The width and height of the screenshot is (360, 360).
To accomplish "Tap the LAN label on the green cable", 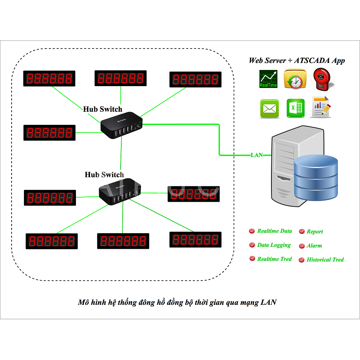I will (257, 155).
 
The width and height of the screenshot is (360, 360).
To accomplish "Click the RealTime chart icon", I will (268, 79).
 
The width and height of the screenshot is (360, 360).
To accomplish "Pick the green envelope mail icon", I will (269, 109).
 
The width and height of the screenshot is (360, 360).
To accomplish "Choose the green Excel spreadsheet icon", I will (295, 108).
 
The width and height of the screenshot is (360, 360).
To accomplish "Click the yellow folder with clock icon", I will (295, 79).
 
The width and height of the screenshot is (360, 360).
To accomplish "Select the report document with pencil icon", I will (321, 107).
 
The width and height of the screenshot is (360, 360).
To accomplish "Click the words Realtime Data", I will (275, 231).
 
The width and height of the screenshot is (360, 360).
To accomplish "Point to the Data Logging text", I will (274, 245).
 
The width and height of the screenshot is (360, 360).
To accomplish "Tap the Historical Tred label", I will (325, 260).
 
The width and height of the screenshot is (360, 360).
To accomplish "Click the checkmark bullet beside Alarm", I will (301, 246).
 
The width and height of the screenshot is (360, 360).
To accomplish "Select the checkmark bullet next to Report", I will (302, 231).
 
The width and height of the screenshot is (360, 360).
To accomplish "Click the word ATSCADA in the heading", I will (312, 60).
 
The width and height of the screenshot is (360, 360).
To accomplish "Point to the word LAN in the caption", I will (269, 302).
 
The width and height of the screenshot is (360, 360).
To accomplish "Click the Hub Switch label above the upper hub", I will (103, 109).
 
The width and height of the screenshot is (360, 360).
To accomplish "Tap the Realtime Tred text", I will (275, 259).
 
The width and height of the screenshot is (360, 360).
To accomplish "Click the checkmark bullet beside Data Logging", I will (252, 245).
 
